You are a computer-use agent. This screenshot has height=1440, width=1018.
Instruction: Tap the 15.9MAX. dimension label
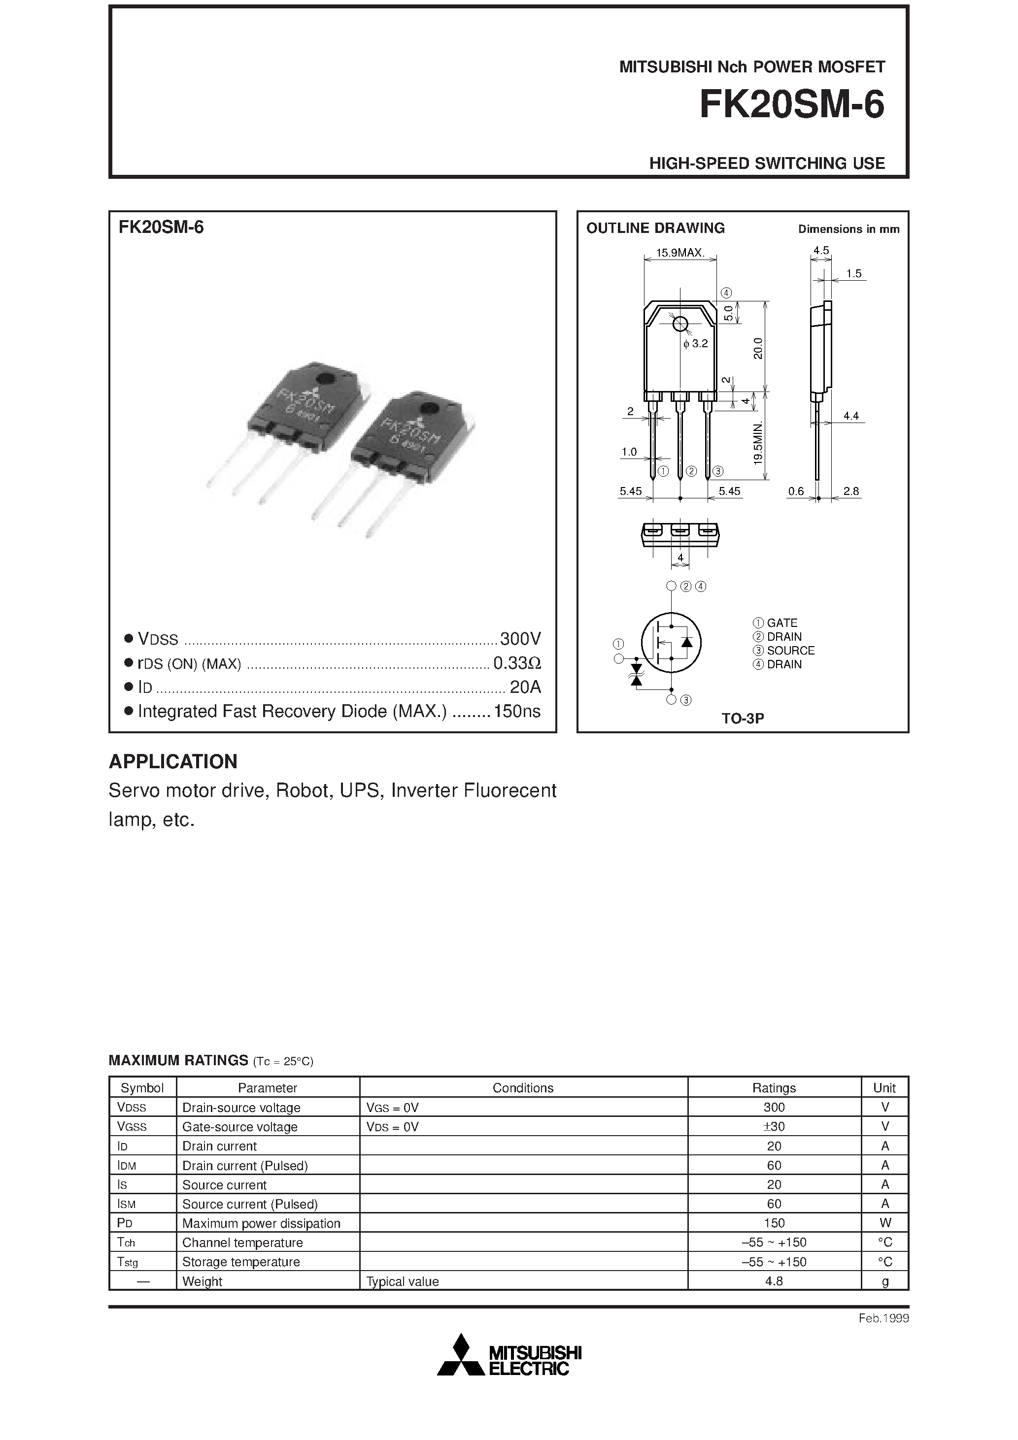point(680,253)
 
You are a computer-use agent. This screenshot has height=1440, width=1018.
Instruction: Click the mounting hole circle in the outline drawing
point(679,324)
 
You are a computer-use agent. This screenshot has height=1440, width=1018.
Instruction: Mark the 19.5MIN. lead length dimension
point(758,443)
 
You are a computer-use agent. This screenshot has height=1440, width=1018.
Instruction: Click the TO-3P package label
point(743,719)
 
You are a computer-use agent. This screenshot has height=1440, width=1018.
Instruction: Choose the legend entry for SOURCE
point(784,651)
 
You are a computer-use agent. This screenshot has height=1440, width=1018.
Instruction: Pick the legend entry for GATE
point(776,623)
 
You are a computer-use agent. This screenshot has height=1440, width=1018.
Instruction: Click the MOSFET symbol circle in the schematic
point(671,642)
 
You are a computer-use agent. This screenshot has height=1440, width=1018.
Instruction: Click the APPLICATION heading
point(173,761)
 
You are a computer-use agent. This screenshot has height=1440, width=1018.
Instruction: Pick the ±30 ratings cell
point(774,1126)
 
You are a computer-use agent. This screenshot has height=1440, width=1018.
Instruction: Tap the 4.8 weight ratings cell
point(774,1281)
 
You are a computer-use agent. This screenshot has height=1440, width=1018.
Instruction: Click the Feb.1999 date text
point(883,1318)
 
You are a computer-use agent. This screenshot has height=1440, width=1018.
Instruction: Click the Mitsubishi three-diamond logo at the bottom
point(461,1356)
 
